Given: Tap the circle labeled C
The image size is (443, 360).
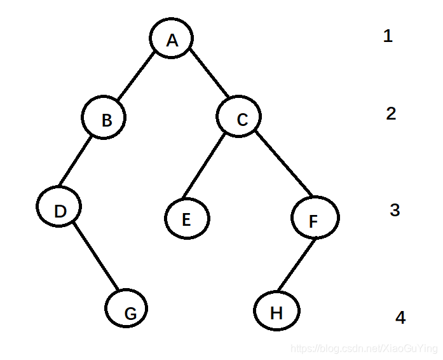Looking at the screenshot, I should [239, 117].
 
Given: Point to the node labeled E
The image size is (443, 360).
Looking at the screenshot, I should [187, 219].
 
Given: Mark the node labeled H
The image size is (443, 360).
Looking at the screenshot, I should [276, 312].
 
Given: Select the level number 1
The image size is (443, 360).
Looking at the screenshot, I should [388, 36].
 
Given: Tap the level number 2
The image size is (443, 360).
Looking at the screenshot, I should [391, 113].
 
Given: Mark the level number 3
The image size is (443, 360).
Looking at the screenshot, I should [394, 210].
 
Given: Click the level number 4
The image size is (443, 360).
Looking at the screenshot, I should [400, 317].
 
